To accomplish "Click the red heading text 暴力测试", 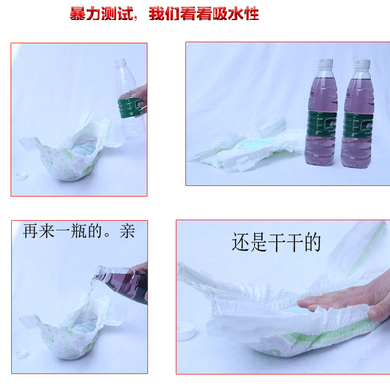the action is coord(101,14).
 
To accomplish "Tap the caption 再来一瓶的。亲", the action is coord(79,232).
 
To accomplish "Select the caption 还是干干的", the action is coord(276,242).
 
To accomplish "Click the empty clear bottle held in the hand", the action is coord(131,98).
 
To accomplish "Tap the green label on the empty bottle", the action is coord(131,107).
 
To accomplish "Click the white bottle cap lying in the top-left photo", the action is coord(20,175).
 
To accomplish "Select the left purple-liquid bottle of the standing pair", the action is coord(322,111).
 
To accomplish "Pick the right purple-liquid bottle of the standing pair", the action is coord(358,113).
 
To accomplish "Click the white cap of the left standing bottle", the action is coord(326,63).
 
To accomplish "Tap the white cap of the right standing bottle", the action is coord(362,64).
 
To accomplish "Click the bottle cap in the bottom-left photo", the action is coord(21,354).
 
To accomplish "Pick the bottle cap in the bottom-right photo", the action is coord(185,333).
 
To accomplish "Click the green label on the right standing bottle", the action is coord(358,125).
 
